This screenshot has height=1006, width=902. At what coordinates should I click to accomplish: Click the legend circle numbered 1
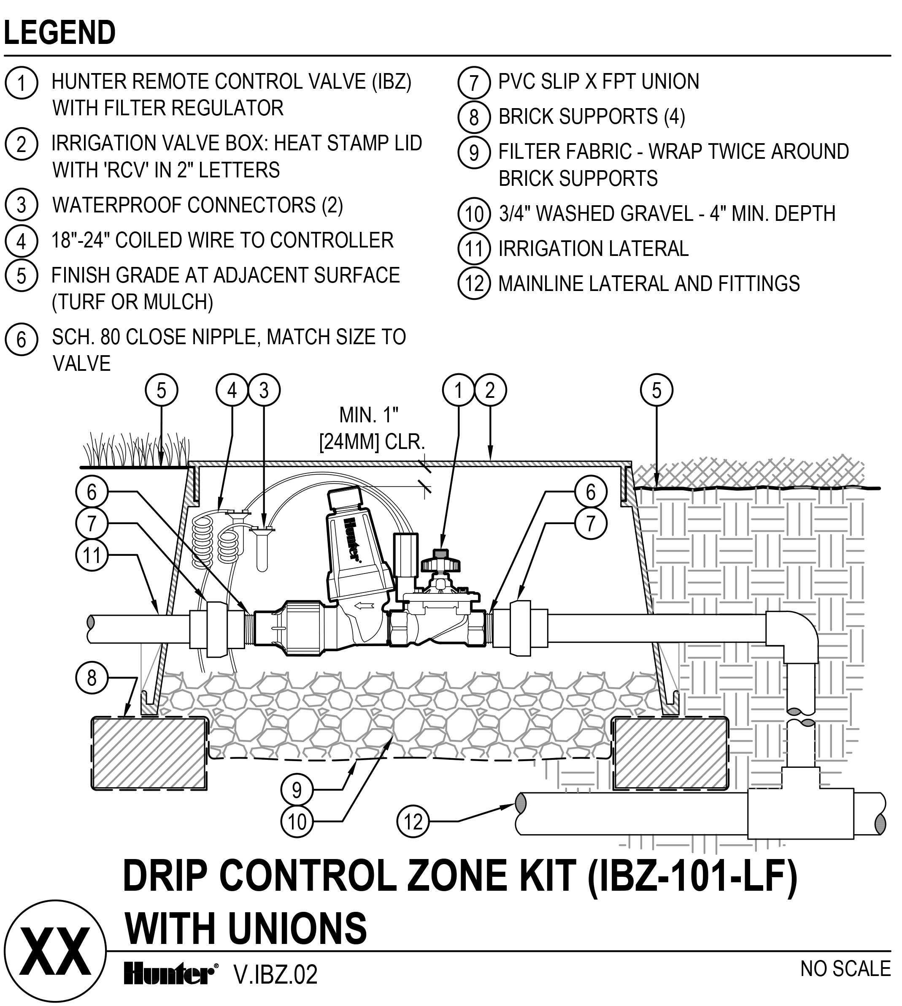point(22,83)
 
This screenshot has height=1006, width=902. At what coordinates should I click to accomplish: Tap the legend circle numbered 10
point(474,214)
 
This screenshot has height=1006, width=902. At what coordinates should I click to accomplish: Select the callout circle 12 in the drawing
point(413,822)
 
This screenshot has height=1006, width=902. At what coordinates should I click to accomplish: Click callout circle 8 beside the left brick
point(92,677)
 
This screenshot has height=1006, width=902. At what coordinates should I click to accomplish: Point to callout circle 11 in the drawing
point(92,555)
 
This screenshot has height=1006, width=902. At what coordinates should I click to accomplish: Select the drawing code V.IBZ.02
point(275,975)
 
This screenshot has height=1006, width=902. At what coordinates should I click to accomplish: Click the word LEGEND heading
point(60,33)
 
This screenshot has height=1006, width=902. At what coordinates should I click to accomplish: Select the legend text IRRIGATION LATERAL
point(593,248)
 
